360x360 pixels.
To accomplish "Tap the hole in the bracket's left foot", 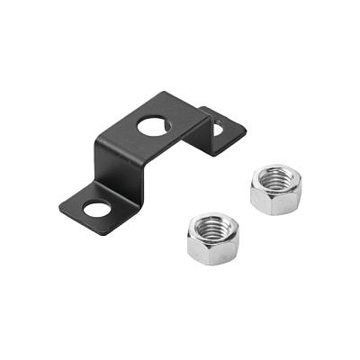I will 95,209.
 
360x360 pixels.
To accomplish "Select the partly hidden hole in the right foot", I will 216,130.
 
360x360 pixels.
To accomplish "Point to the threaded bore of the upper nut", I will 276,180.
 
